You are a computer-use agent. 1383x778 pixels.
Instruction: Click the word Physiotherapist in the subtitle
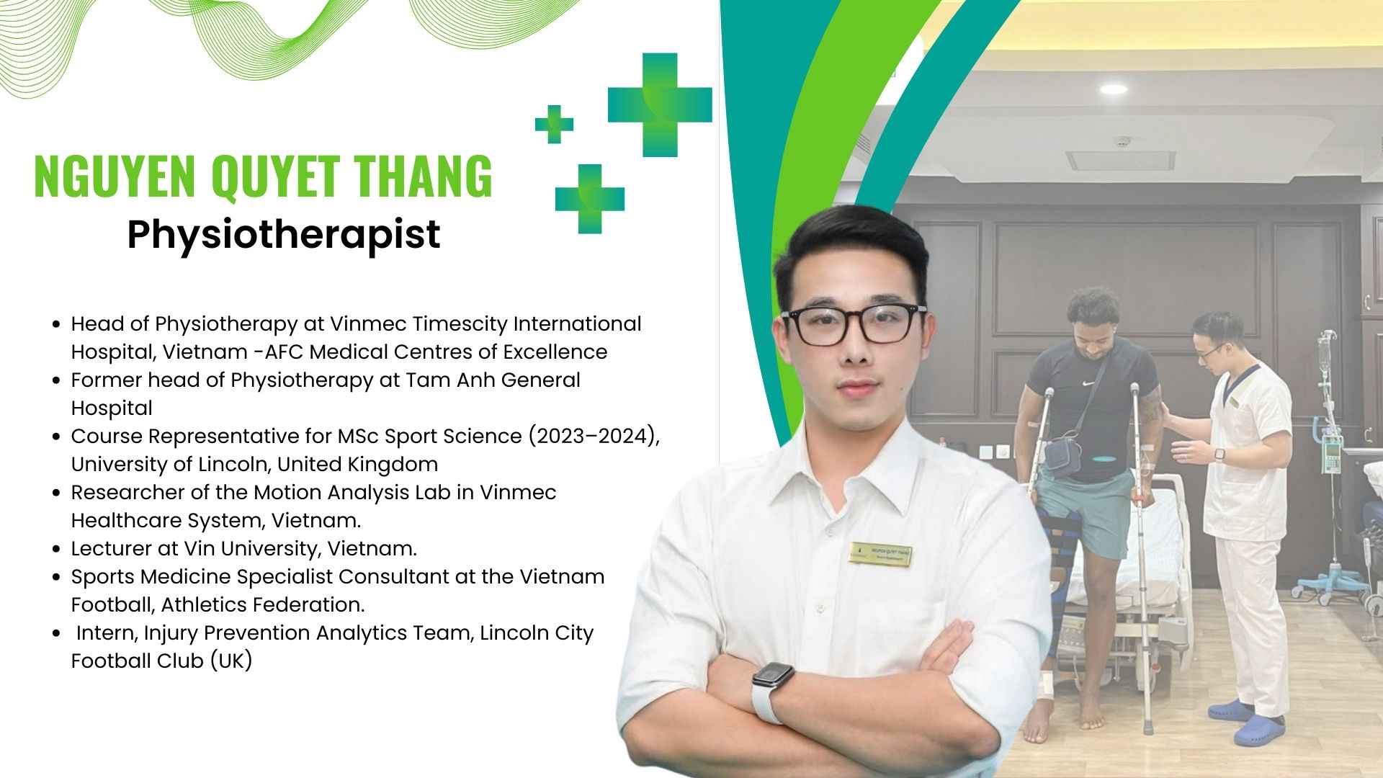tap(284, 235)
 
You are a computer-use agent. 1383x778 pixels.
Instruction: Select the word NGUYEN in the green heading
tap(115, 176)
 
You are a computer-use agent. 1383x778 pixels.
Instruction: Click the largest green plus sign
tap(660, 105)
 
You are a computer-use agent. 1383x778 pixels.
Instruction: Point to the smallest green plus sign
tap(554, 124)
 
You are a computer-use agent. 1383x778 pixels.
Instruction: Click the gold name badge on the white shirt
tap(880, 554)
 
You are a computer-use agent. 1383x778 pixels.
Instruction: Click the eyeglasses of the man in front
tap(855, 324)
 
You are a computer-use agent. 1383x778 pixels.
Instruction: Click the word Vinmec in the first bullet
tap(368, 324)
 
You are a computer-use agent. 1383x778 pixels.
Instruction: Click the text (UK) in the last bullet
tap(231, 661)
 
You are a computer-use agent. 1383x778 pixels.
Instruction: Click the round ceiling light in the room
tap(1114, 89)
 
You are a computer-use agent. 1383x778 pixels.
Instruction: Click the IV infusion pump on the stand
tap(1332, 452)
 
